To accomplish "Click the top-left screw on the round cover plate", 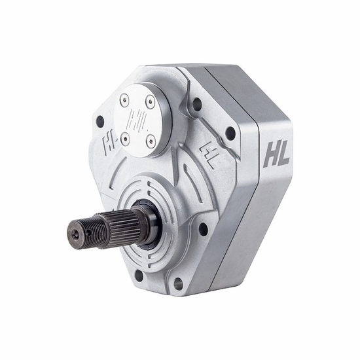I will tap(124, 99).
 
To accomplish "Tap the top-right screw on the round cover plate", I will tap(151, 101).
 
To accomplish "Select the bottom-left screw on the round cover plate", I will tap(125, 137).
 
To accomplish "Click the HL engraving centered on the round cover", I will tap(137, 120).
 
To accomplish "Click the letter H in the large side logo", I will tap(270, 156).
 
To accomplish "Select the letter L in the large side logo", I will tap(284, 156).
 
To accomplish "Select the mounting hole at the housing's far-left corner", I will tap(99, 122).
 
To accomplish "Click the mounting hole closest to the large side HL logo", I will tap(230, 133).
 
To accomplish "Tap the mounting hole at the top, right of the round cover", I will tap(196, 103).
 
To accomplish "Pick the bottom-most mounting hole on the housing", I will tap(177, 283).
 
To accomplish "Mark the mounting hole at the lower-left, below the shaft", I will tap(138, 276).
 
